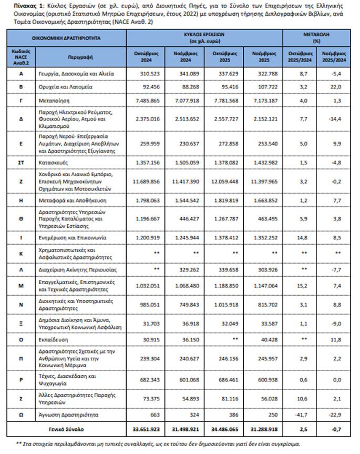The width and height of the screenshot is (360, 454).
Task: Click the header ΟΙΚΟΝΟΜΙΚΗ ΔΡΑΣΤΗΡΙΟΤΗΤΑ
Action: click(x=66, y=38)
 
